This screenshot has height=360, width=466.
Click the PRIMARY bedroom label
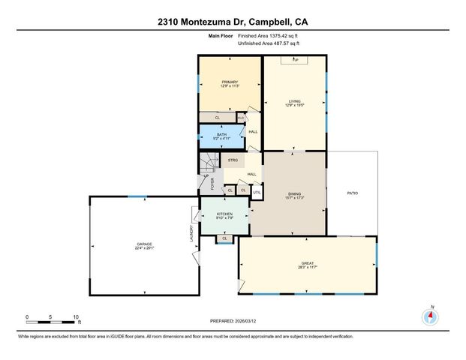(229, 82)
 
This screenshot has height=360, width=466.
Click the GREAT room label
(308, 263)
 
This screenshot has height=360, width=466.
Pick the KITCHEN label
(225, 214)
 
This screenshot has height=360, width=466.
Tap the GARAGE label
(145, 245)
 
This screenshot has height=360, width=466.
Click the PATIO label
(352, 193)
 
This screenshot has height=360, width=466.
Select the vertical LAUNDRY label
(192, 234)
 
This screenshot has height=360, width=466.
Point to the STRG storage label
(233, 160)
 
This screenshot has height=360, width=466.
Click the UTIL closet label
(256, 192)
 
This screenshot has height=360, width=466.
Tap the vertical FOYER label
(212, 184)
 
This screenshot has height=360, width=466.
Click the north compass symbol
(431, 315)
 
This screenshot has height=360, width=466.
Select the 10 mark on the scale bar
(76, 317)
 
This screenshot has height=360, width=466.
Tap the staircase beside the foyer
(207, 165)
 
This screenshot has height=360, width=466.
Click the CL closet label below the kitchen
(224, 239)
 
